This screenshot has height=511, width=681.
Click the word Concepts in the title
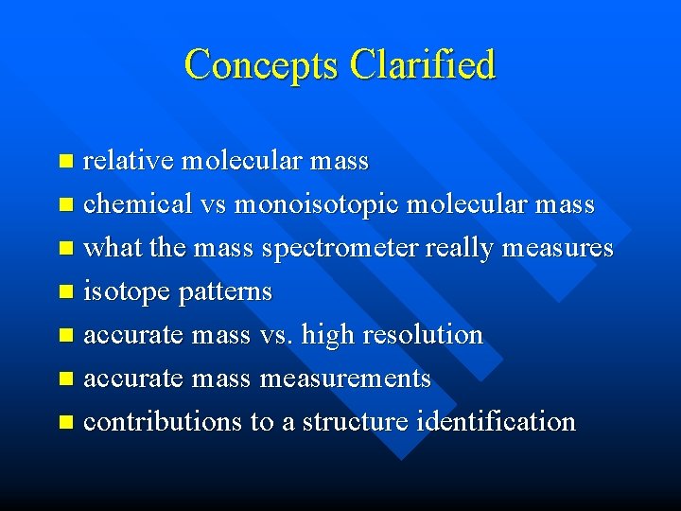pos(262,65)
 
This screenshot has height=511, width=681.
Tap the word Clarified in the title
pos(422,65)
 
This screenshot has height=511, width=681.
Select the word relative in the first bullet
pos(128,161)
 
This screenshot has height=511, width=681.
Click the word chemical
pos(136,204)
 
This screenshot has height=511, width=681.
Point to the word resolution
pos(417,335)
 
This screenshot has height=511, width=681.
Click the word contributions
pos(163,422)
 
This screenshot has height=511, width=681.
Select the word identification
pos(495,422)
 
